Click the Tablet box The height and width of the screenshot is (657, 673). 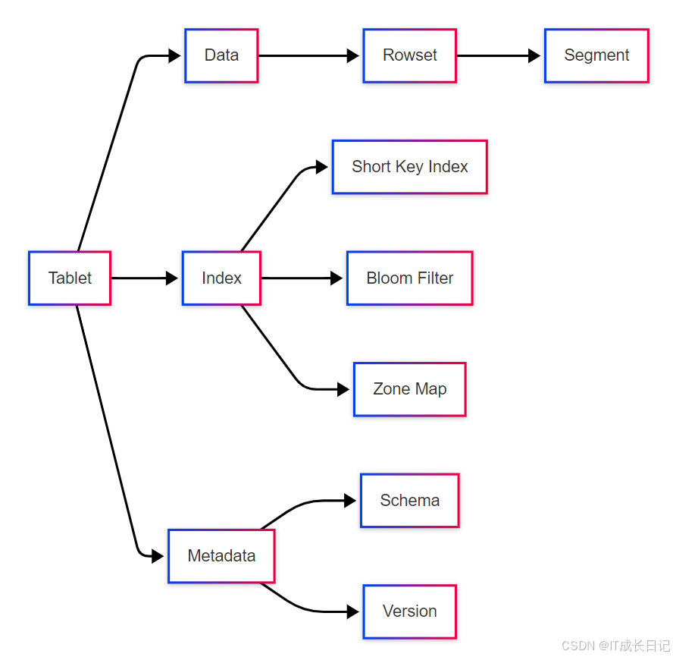(70, 278)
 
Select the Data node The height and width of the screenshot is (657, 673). (221, 55)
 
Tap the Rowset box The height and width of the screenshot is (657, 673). (409, 55)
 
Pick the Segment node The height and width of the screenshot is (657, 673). (596, 55)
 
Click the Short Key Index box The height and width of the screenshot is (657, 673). (409, 167)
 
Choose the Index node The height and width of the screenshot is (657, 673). (221, 278)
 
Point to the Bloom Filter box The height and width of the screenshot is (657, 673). (409, 278)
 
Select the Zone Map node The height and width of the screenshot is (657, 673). (409, 389)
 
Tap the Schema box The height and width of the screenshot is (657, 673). (409, 501)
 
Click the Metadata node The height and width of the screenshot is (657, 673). (221, 556)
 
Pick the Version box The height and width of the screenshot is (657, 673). (409, 611)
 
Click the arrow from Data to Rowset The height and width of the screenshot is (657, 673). (307, 55)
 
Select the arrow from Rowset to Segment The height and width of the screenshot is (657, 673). (496, 55)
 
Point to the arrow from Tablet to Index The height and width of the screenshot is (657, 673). (144, 278)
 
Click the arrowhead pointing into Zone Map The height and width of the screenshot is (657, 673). (343, 389)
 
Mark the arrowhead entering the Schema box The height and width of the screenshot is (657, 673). (350, 501)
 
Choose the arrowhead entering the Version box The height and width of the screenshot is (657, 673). (353, 611)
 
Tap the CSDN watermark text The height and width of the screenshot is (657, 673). (615, 646)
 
